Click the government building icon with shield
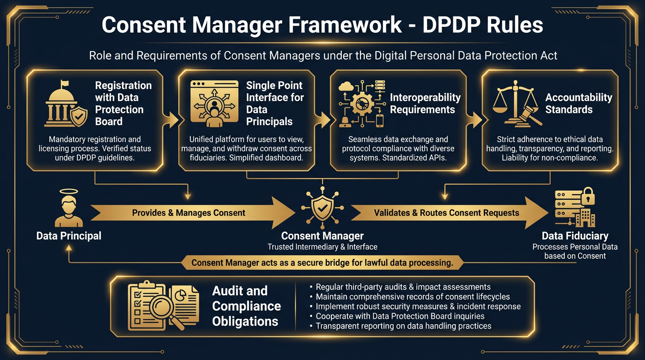tap(66, 104)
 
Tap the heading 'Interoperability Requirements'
tap(425, 104)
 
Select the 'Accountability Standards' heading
tap(578, 104)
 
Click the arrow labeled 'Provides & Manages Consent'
tap(188, 213)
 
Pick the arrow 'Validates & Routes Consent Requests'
tap(446, 213)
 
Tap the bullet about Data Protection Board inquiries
tap(400, 316)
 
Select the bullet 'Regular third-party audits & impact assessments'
tap(403, 287)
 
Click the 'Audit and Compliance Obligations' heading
tap(246, 306)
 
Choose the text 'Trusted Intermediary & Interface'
tap(322, 247)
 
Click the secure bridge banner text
tap(322, 262)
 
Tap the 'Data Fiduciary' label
tap(575, 236)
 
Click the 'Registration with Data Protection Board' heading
tap(123, 104)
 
